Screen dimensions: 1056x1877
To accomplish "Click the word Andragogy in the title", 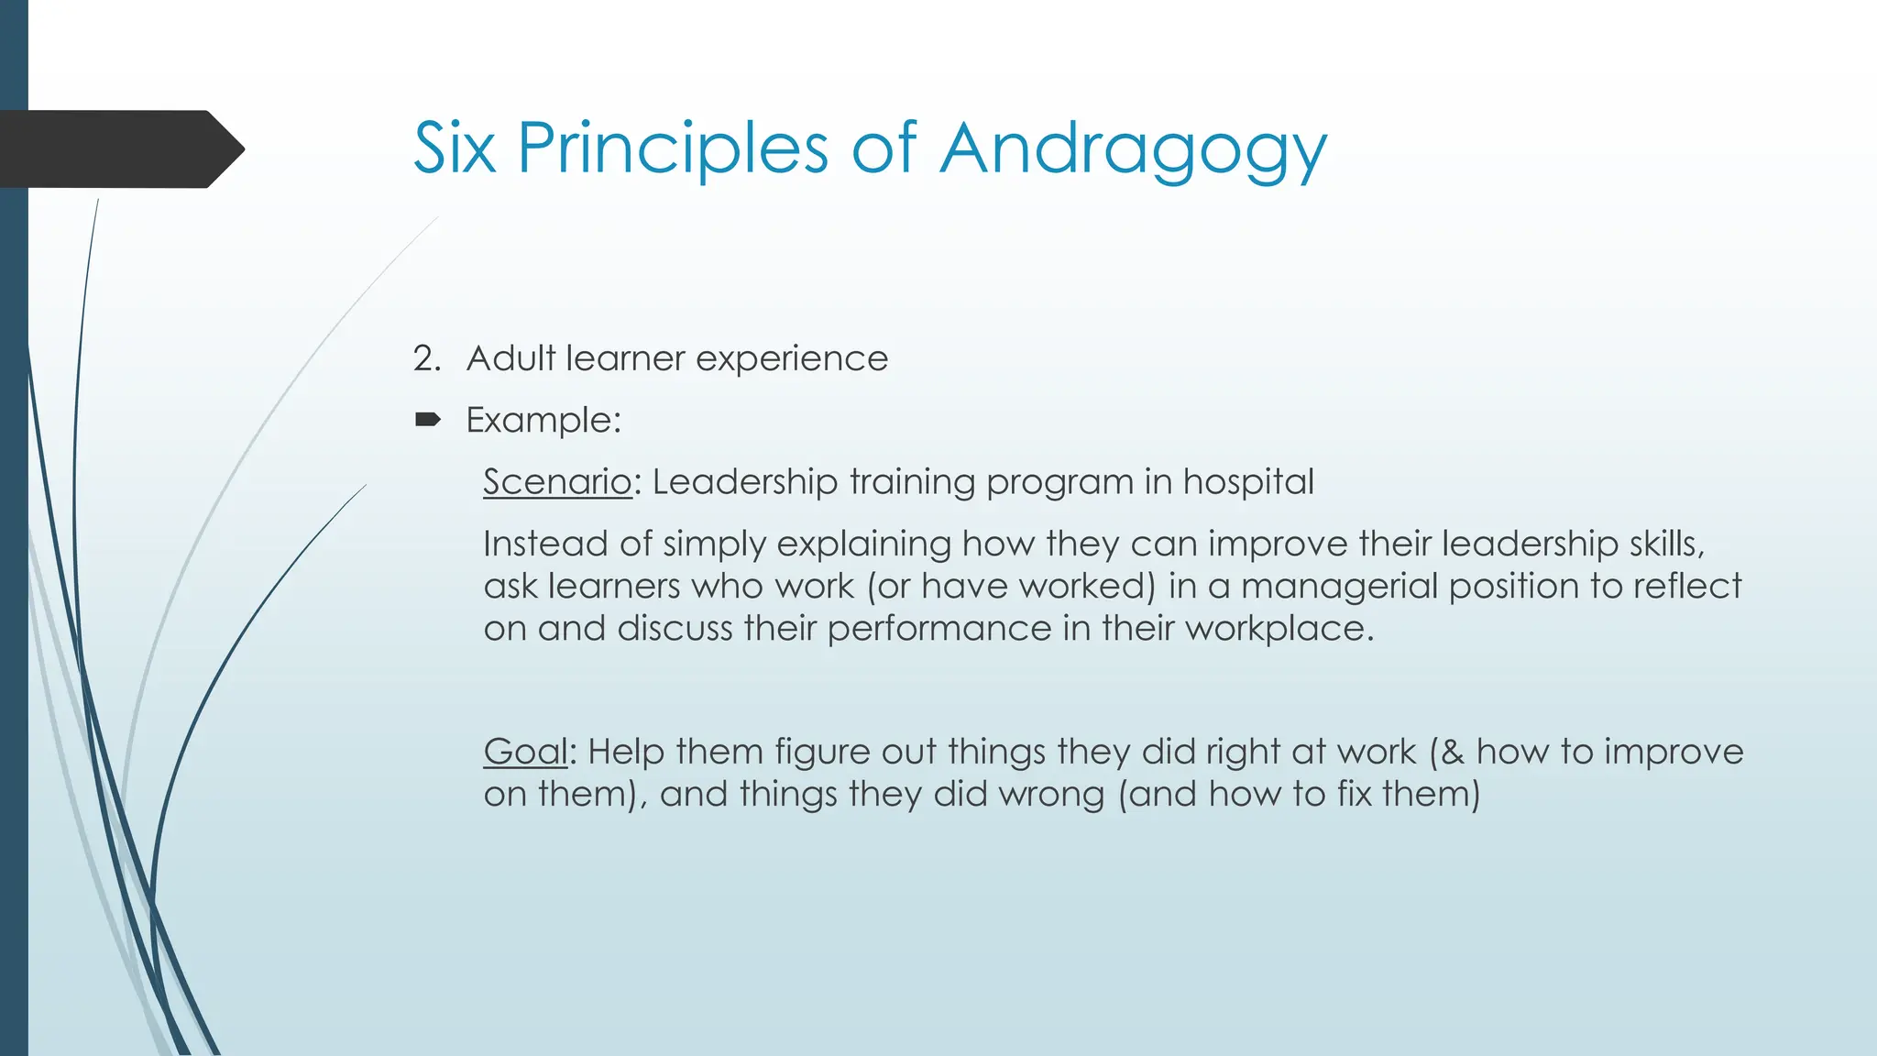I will (1133, 148).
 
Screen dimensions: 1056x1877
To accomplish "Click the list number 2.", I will (425, 358).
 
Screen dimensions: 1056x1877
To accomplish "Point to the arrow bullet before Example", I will (427, 421).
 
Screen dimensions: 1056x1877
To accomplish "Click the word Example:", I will (543, 421).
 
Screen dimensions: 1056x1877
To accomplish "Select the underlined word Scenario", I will (557, 482).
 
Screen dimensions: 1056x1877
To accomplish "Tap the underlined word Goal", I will (526, 752).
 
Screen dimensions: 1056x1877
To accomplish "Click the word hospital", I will (1248, 482).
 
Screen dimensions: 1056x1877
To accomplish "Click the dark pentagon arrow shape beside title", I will (119, 148).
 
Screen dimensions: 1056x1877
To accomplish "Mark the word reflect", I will (1686, 587).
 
